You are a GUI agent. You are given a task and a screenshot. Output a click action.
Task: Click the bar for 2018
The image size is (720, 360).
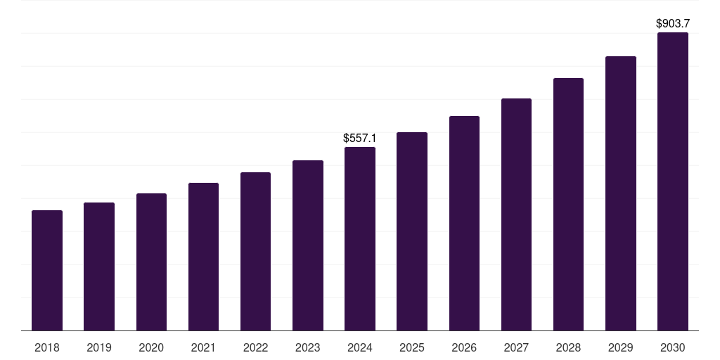[47, 271]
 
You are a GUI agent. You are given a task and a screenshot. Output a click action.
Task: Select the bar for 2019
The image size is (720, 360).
[99, 266]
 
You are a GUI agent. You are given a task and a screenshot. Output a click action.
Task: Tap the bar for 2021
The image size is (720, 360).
[203, 257]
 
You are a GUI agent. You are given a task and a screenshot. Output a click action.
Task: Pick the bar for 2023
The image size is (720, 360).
[308, 245]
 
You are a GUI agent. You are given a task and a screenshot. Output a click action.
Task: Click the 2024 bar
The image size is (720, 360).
[360, 239]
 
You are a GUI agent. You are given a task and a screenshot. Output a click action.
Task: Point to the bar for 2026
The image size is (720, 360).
[464, 224]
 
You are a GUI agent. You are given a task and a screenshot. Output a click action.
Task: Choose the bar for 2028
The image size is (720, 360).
[568, 205]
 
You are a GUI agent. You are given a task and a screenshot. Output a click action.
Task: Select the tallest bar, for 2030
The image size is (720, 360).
[672, 181]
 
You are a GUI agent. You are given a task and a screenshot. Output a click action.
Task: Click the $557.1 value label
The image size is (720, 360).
[360, 139]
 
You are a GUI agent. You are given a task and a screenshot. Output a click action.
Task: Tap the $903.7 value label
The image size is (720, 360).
[673, 24]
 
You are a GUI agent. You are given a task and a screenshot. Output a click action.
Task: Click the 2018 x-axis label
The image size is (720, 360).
[47, 347]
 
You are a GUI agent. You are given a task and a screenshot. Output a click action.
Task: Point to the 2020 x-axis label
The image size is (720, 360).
[151, 347]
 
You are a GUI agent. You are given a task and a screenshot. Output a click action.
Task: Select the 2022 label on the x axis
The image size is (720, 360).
[255, 347]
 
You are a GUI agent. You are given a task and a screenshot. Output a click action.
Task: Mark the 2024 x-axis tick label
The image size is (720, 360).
[360, 347]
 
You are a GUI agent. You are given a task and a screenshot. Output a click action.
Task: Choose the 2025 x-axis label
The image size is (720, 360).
[412, 347]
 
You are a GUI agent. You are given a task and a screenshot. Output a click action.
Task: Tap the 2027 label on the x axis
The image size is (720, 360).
[516, 347]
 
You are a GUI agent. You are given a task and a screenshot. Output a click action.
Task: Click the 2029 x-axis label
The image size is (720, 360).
[620, 347]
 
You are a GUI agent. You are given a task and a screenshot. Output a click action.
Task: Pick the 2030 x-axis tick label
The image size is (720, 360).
[672, 347]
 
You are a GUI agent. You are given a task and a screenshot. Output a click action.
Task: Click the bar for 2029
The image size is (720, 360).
[620, 193]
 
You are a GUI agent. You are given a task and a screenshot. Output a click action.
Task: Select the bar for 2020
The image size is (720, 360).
[151, 262]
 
